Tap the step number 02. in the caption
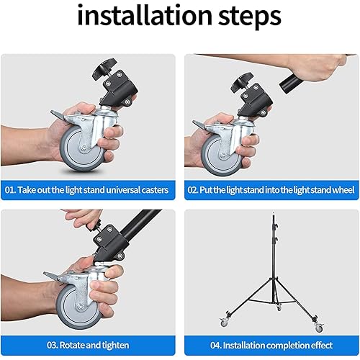tap(196, 190)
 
